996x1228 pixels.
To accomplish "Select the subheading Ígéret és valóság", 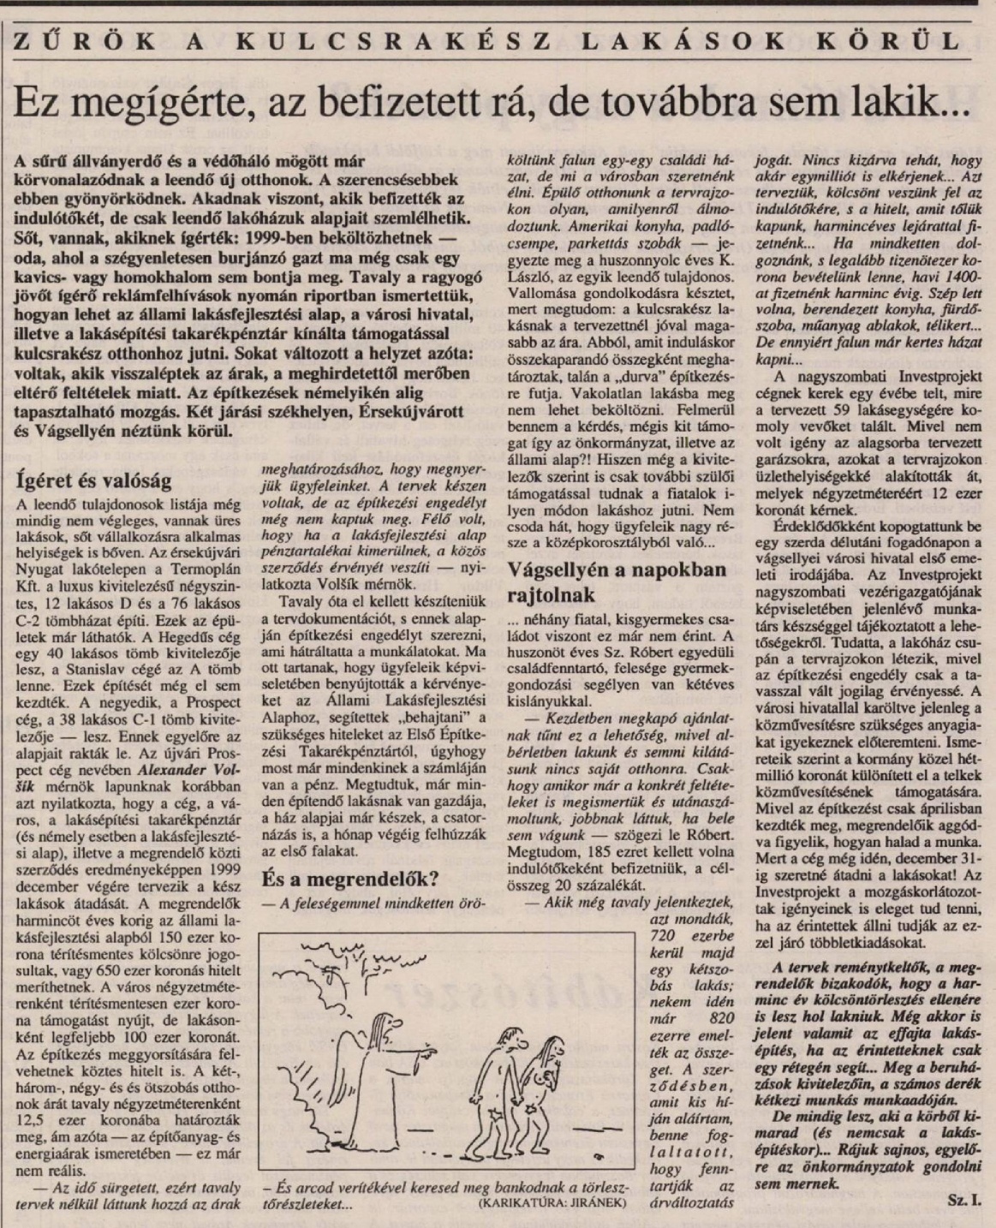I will click(x=95, y=480).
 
